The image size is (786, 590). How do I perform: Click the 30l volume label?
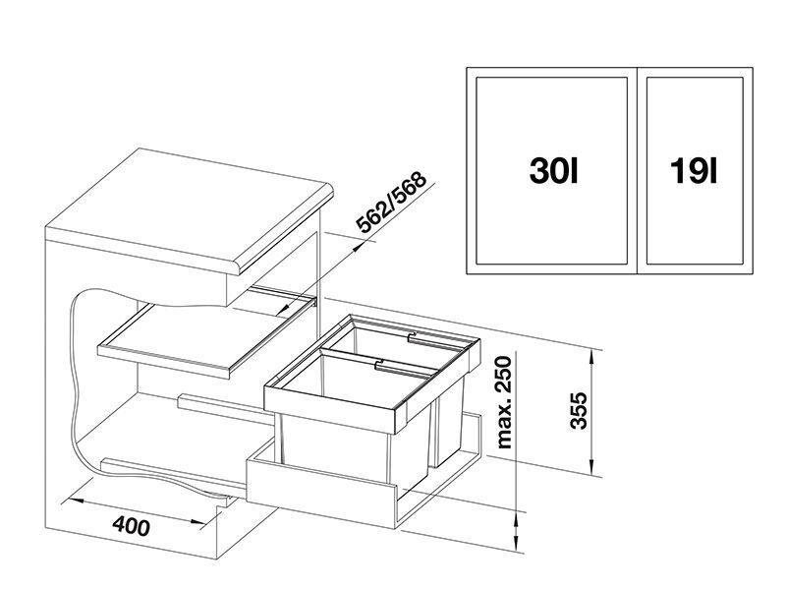tap(554, 170)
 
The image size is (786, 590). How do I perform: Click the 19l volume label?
tap(695, 170)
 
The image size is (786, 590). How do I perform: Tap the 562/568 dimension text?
tap(391, 203)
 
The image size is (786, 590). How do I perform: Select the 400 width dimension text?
tap(131, 526)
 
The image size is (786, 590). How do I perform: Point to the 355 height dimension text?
tap(579, 410)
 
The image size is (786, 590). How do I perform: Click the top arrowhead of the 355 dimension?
tap(592, 358)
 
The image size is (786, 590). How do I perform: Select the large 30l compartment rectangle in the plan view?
tap(551, 170)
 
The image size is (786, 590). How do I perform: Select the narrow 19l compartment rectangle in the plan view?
tap(695, 170)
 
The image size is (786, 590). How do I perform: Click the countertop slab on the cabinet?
tap(190, 210)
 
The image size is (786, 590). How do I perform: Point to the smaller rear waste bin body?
tap(450, 422)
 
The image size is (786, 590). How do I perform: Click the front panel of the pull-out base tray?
tap(321, 492)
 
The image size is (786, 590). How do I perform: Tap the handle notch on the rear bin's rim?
tap(411, 335)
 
